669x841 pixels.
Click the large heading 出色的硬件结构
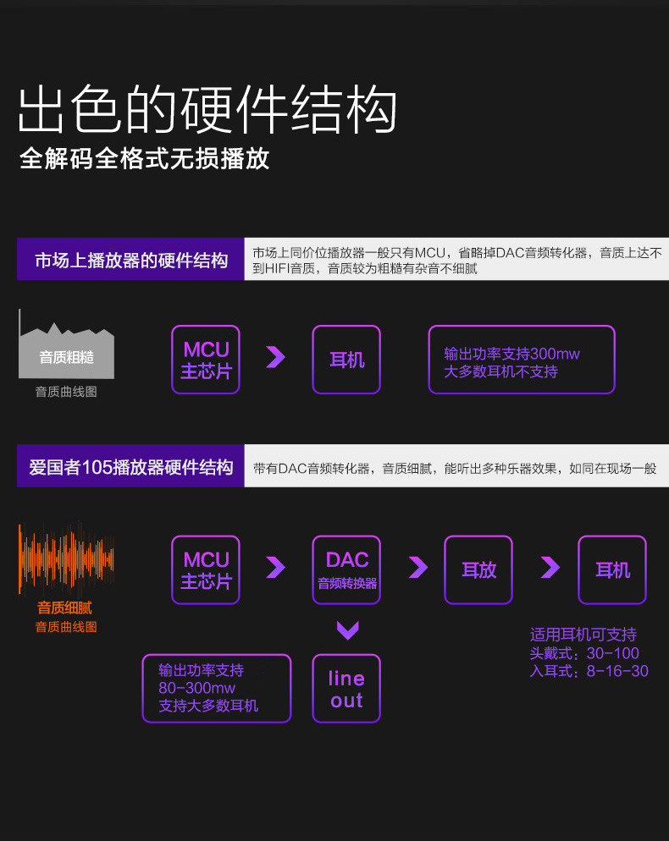click(207, 109)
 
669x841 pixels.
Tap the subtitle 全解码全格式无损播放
click(145, 158)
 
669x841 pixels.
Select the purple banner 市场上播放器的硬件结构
click(131, 260)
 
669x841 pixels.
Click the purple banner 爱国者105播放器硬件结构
click(131, 467)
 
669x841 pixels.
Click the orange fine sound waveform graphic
click(66, 558)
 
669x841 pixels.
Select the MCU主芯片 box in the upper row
click(206, 360)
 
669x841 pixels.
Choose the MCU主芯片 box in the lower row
click(206, 569)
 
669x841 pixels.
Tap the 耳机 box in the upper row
click(346, 360)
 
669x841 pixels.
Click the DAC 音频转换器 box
click(346, 569)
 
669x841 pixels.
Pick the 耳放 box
click(478, 569)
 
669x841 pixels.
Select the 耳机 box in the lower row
click(612, 569)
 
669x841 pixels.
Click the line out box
click(346, 689)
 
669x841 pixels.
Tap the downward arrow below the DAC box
click(347, 629)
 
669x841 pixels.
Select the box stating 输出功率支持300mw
click(521, 360)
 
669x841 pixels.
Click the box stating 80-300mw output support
click(216, 688)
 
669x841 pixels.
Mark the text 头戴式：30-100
click(584, 653)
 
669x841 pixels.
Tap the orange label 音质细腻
click(64, 607)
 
